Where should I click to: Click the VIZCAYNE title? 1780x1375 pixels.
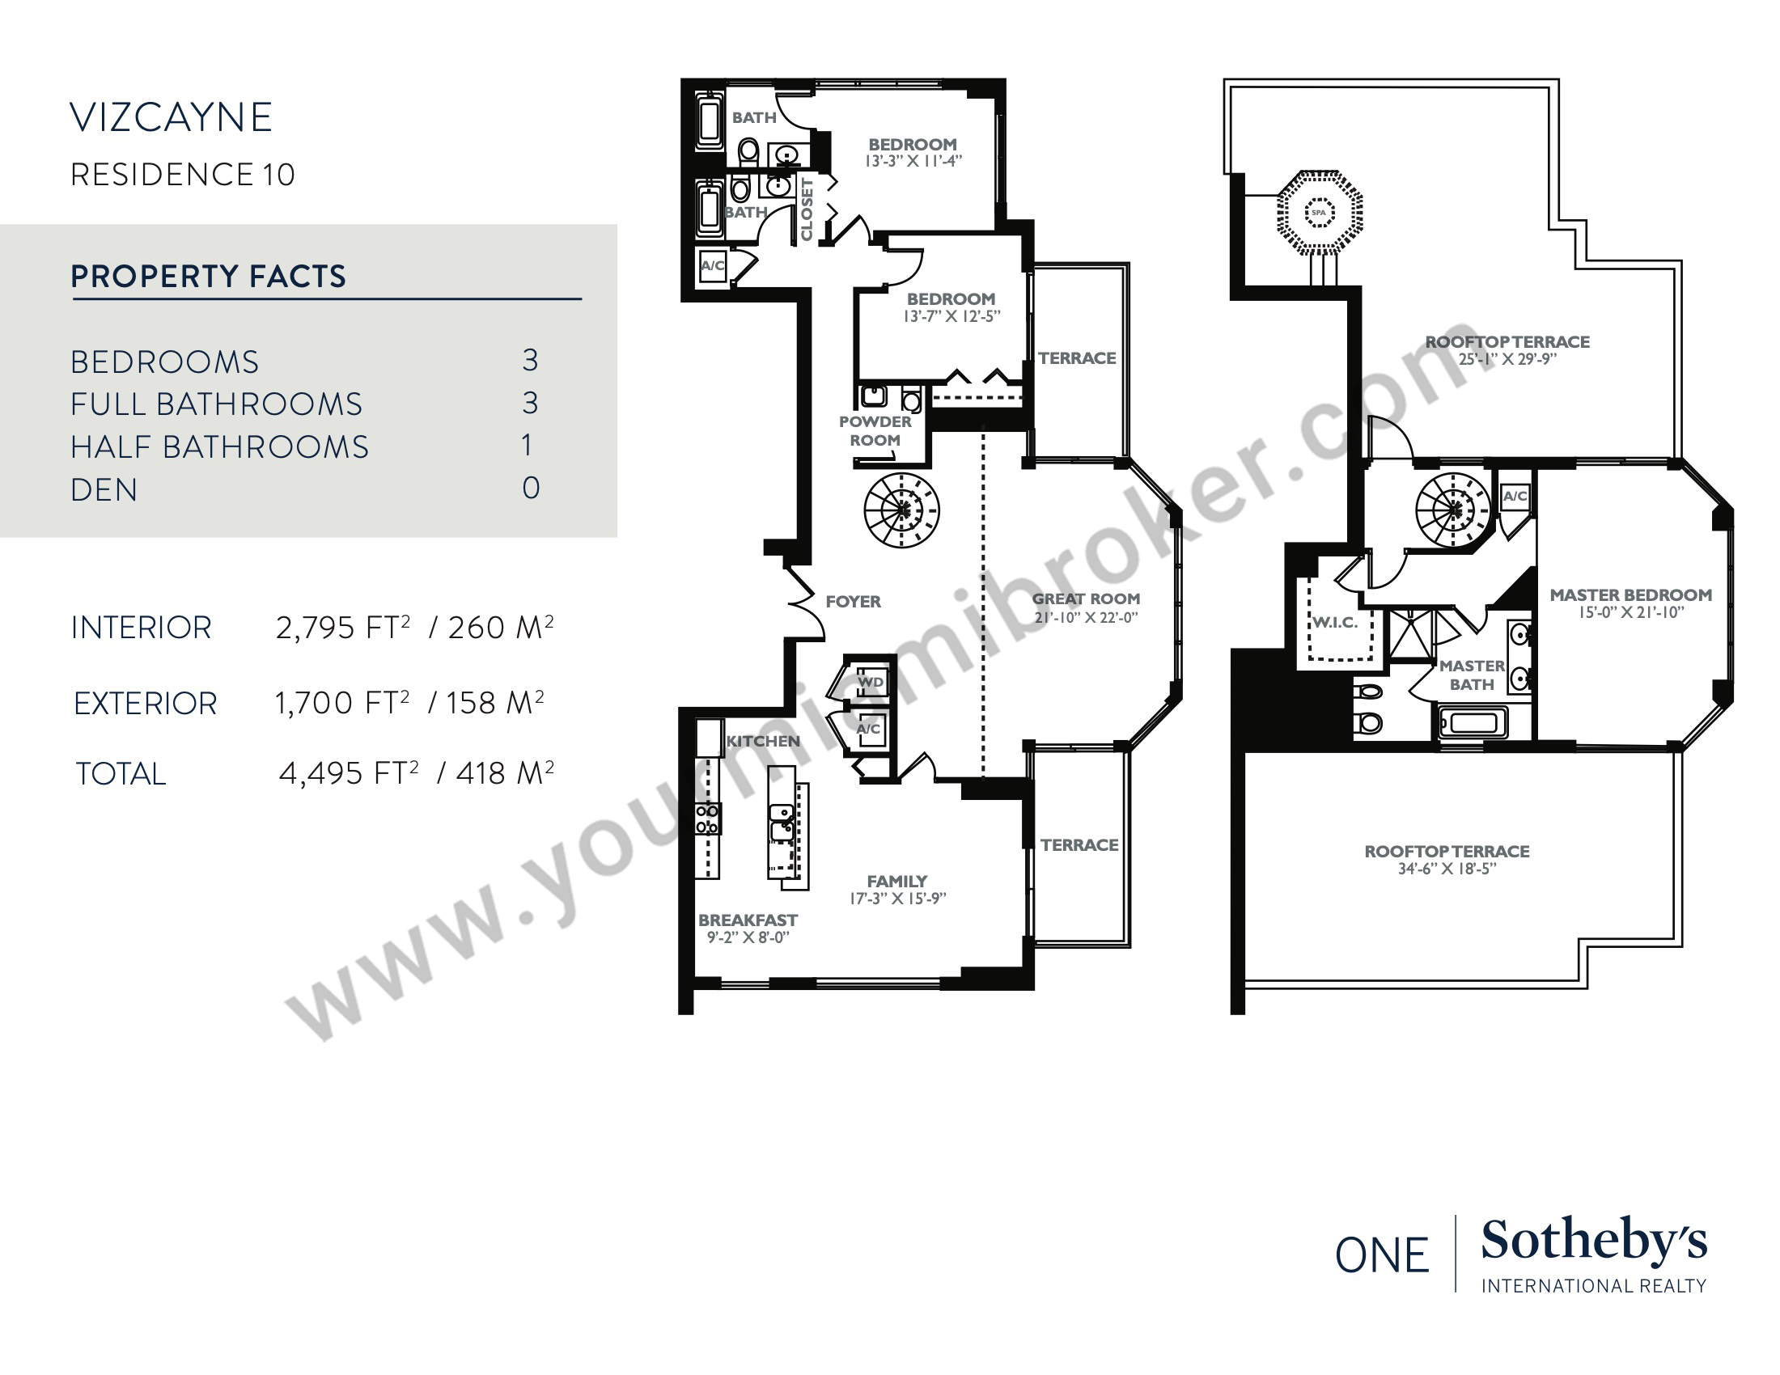point(172,117)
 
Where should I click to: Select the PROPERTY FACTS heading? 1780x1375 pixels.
point(209,276)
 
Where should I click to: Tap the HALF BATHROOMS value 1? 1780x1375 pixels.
point(528,446)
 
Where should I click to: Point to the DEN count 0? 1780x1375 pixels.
point(531,488)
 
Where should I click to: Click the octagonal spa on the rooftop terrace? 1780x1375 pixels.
point(1320,213)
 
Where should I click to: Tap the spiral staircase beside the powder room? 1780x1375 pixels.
point(901,510)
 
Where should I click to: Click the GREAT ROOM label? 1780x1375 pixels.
point(1087,599)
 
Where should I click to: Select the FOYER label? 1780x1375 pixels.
point(854,602)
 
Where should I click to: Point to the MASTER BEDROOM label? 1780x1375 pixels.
point(1631,595)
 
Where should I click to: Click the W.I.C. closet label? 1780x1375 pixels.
point(1335,623)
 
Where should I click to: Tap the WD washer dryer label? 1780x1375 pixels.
point(871,682)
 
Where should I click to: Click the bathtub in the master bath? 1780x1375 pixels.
point(1473,722)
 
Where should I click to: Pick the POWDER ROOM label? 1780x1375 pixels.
point(875,431)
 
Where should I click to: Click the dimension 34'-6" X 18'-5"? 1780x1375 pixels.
point(1447,869)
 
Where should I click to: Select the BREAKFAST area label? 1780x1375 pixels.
point(748,920)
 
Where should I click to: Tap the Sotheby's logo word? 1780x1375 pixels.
point(1594,1242)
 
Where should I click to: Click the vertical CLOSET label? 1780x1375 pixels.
point(807,209)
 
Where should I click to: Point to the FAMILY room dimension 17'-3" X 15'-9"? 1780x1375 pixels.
point(897,899)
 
